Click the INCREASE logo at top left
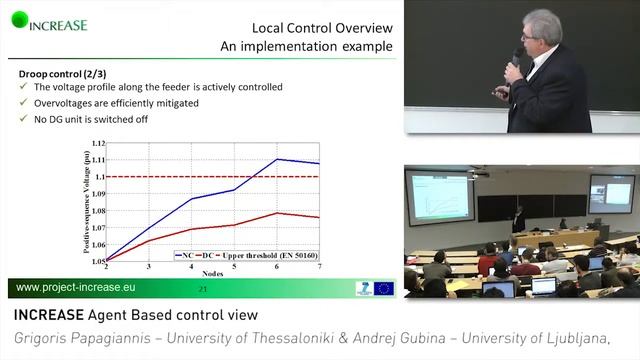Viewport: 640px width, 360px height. click(x=50, y=23)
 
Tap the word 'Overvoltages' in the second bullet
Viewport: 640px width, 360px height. click(x=67, y=103)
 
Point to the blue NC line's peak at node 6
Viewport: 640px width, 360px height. click(x=277, y=159)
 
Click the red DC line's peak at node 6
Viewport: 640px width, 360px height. click(x=277, y=213)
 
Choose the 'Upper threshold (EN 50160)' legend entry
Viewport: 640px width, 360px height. click(x=271, y=255)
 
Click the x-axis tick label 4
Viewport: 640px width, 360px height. click(x=191, y=268)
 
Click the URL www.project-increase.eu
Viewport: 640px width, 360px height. click(x=76, y=289)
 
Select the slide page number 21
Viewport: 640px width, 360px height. click(x=202, y=289)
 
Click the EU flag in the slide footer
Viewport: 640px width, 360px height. click(x=384, y=289)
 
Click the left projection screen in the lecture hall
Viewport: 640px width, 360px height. click(x=441, y=197)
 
